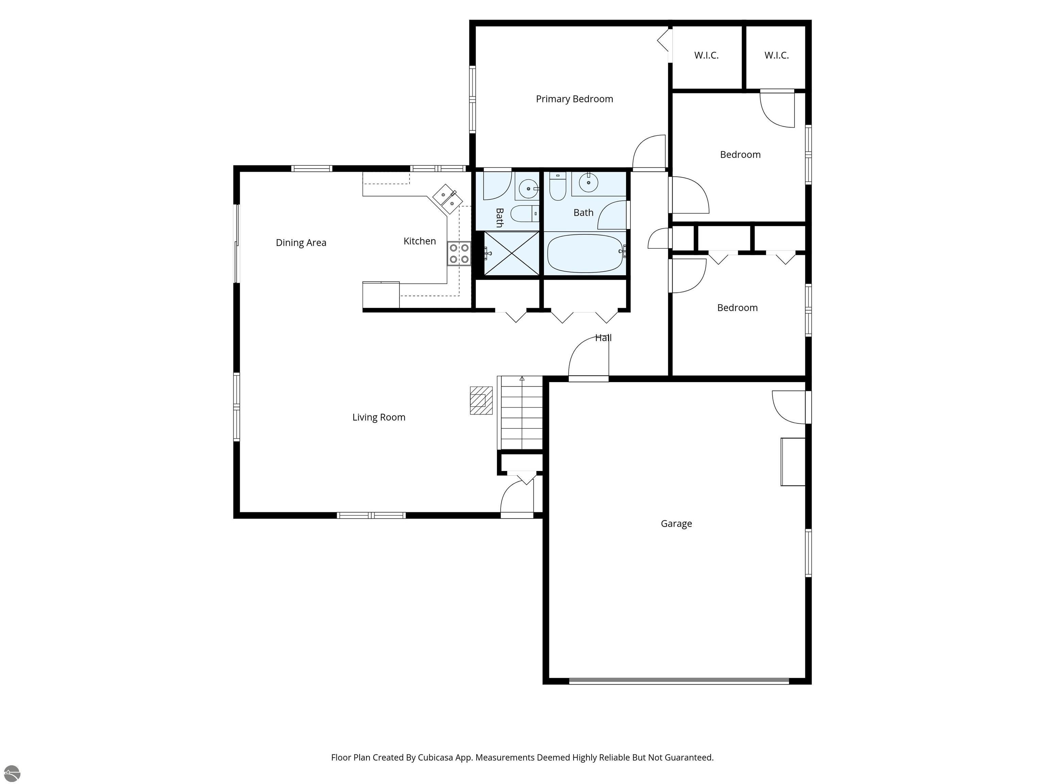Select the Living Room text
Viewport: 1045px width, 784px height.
pyautogui.click(x=379, y=417)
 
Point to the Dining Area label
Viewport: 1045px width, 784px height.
pyautogui.click(x=301, y=243)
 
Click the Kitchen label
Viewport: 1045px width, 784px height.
pyautogui.click(x=419, y=241)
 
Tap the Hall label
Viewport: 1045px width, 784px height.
pyautogui.click(x=603, y=338)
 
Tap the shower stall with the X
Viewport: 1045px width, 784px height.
pyautogui.click(x=512, y=253)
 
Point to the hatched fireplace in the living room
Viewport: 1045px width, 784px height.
pyautogui.click(x=481, y=401)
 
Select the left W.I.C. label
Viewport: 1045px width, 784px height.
pyautogui.click(x=706, y=55)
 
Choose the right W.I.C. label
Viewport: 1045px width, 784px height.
pyautogui.click(x=777, y=55)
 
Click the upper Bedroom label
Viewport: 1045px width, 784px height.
pyautogui.click(x=740, y=154)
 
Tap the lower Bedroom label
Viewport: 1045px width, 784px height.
pyautogui.click(x=737, y=308)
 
